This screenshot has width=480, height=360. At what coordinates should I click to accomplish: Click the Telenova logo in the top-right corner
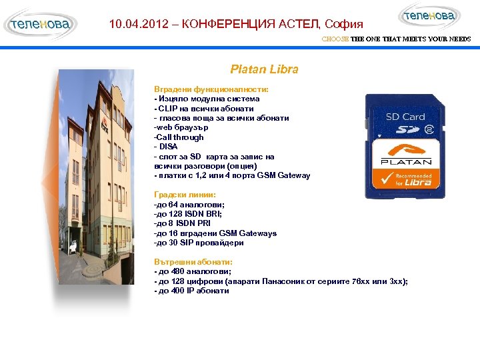pyautogui.click(x=429, y=16)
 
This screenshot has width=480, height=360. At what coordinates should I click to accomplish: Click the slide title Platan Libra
pyautogui.click(x=264, y=69)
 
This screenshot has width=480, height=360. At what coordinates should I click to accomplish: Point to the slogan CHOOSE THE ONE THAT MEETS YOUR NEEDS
pyautogui.click(x=396, y=39)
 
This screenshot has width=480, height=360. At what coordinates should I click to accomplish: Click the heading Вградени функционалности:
pyautogui.click(x=211, y=89)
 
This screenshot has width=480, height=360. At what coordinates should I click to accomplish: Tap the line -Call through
pyautogui.click(x=179, y=137)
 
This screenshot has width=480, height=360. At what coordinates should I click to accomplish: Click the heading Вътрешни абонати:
pyautogui.click(x=193, y=262)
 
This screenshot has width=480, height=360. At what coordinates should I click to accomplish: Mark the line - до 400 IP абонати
pyautogui.click(x=191, y=291)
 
